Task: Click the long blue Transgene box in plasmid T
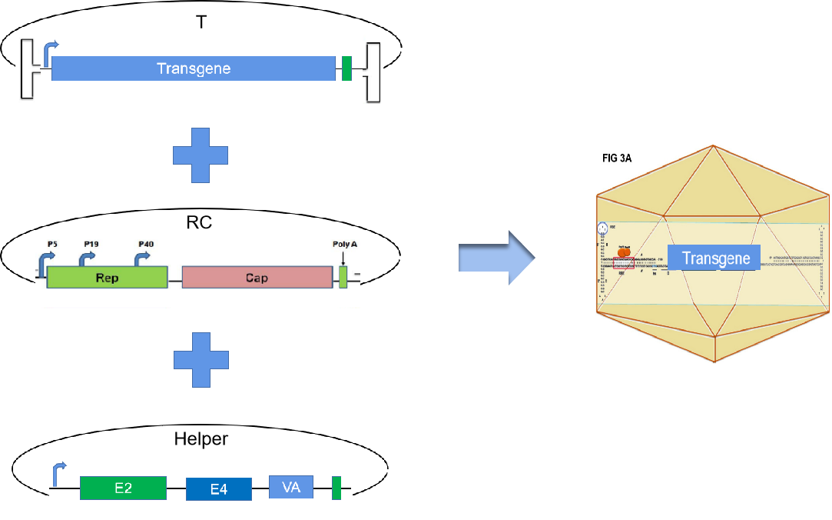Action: (x=194, y=68)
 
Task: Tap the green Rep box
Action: (x=108, y=278)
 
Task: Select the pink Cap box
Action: (x=257, y=278)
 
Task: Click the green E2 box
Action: (x=123, y=488)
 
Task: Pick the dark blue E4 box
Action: (x=219, y=489)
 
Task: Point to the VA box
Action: (x=291, y=486)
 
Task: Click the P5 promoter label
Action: (x=52, y=244)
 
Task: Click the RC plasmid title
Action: (x=198, y=223)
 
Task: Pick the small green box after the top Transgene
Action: (x=346, y=68)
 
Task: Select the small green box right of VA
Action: (x=336, y=488)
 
